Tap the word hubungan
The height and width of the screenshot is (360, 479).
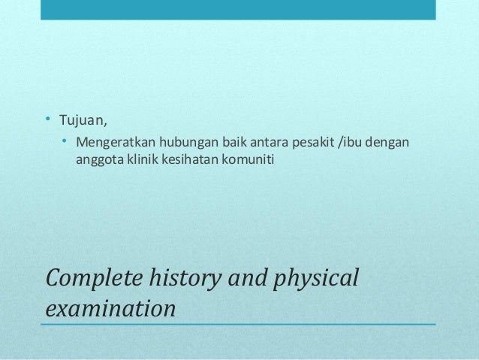click(186, 143)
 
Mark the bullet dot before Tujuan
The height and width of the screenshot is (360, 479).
click(47, 120)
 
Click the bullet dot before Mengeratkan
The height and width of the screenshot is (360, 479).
click(65, 142)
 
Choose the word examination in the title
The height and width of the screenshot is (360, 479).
click(111, 308)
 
